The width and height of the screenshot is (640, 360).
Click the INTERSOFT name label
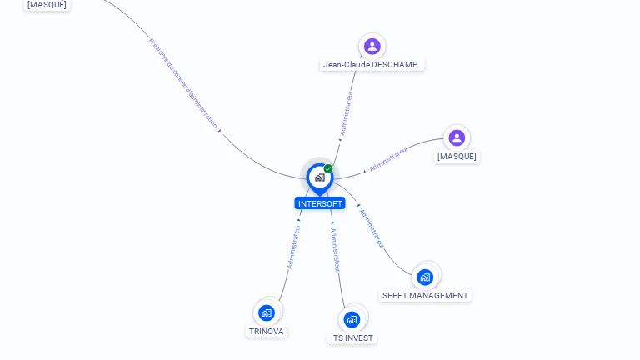click(320, 203)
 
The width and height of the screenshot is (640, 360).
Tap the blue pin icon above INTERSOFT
click(319, 177)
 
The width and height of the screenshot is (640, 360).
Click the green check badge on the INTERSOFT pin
click(328, 169)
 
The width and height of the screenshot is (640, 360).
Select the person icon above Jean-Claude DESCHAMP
click(372, 47)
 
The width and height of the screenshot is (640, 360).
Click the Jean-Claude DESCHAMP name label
click(372, 65)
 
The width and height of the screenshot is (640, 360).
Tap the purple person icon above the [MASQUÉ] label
click(457, 138)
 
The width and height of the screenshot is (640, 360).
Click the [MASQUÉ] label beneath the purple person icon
click(457, 157)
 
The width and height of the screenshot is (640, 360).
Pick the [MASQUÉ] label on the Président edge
click(47, 5)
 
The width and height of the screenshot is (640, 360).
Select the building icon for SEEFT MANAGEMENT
click(426, 277)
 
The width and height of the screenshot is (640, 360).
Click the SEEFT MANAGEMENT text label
click(425, 296)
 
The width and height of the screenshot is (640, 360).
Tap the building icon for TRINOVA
click(267, 313)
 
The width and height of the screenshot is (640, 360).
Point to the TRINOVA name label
click(267, 332)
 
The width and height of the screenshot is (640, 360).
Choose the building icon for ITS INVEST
click(352, 319)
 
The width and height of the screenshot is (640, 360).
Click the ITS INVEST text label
click(352, 338)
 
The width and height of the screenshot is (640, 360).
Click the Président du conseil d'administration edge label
click(183, 82)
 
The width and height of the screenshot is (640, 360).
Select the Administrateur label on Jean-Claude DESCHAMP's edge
click(346, 113)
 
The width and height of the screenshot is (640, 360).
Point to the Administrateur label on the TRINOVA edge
click(293, 246)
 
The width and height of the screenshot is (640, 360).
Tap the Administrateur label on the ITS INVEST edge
click(334, 249)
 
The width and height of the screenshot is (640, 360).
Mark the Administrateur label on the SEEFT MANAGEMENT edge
click(372, 227)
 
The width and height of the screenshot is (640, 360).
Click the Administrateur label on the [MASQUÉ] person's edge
click(388, 160)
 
